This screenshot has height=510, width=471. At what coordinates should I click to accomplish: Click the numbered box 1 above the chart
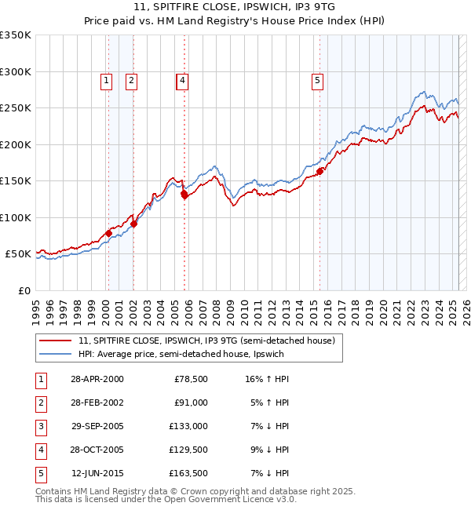[106, 79]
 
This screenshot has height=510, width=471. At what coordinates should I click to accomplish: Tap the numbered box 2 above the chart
[131, 79]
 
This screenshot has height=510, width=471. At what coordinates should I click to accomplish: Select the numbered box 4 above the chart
[181, 79]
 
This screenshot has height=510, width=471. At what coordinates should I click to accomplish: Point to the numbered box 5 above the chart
[317, 79]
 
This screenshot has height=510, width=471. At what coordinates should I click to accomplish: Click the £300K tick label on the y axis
[16, 71]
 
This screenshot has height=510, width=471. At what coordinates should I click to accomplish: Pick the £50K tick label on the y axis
[18, 254]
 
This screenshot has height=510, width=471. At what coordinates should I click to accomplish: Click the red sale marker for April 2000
[109, 233]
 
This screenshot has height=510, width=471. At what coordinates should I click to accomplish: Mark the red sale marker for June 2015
[320, 171]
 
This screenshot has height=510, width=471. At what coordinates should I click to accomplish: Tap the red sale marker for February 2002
[134, 224]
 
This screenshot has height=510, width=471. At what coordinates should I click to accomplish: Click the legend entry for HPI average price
[181, 354]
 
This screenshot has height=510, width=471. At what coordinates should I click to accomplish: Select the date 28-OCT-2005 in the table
[97, 450]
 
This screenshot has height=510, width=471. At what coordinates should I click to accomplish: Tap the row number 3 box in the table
[40, 426]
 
